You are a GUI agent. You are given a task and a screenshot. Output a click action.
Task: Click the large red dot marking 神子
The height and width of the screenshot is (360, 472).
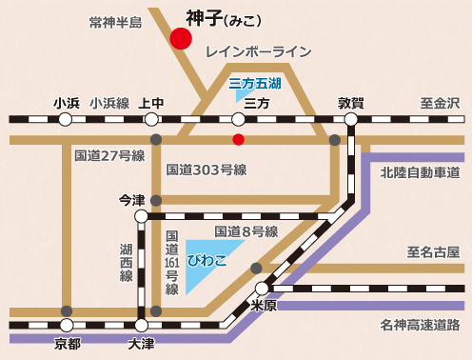pyautogui.click(x=180, y=39)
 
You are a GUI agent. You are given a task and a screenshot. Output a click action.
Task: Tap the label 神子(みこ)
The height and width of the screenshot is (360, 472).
pyautogui.click(x=224, y=17)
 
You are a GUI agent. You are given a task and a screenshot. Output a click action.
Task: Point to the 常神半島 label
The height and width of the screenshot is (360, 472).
pyautogui.click(x=114, y=21)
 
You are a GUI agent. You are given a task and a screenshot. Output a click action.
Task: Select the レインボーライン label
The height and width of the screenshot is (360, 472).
pyautogui.click(x=259, y=52)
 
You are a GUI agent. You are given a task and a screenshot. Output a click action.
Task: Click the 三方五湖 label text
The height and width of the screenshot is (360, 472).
pyautogui.click(x=256, y=84)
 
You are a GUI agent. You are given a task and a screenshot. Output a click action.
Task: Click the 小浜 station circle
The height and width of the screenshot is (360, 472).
pyautogui.click(x=66, y=120)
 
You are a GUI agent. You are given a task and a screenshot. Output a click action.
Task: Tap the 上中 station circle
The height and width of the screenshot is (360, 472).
pyautogui.click(x=151, y=120)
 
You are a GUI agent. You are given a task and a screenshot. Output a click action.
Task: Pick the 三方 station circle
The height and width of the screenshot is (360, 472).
pyautogui.click(x=239, y=120)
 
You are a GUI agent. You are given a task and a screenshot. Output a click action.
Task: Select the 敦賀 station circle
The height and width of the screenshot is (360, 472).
pyautogui.click(x=351, y=120)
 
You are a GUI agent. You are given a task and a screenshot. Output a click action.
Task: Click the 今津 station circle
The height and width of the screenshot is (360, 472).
pyautogui.click(x=142, y=217)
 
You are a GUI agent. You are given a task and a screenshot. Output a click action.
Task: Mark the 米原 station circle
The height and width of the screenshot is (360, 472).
pyautogui.click(x=262, y=289)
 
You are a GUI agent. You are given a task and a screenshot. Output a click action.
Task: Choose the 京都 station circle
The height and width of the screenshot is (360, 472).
pyautogui.click(x=66, y=326)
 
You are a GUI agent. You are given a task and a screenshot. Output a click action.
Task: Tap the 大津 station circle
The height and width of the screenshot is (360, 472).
pyautogui.click(x=142, y=326)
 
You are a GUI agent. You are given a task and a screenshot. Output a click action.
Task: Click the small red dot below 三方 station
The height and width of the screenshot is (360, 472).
pyautogui.click(x=239, y=140)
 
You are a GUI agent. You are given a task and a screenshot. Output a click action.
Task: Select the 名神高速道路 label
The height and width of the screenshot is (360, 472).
pyautogui.click(x=420, y=326)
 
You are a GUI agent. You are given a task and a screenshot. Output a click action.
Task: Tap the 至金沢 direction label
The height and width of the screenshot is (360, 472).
pyautogui.click(x=440, y=103)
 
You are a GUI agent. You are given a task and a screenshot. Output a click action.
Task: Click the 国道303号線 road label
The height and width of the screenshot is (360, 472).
pyautogui.click(x=206, y=170)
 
